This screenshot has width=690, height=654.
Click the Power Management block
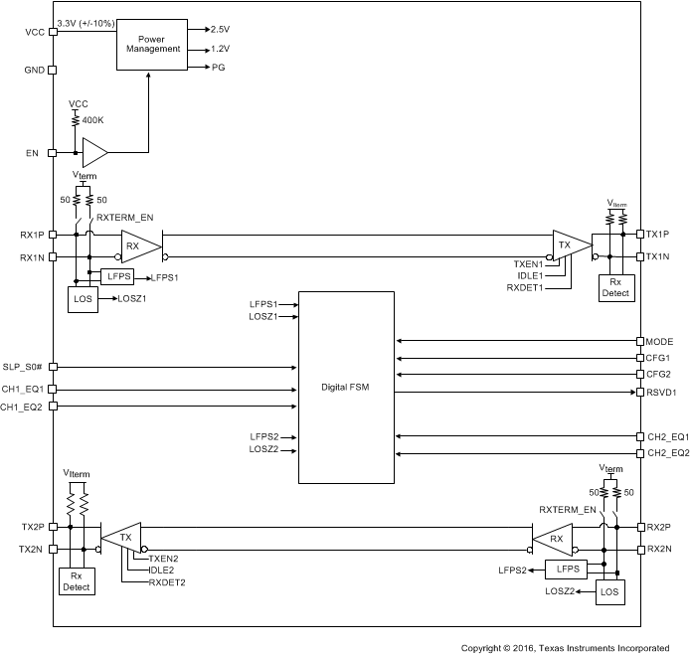pyautogui.click(x=152, y=43)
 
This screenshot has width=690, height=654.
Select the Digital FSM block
pyautogui.click(x=346, y=387)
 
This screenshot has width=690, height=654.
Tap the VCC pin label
pyautogui.click(x=34, y=31)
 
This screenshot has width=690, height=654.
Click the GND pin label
pyautogui.click(x=34, y=71)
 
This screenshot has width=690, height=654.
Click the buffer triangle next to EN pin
pyautogui.click(x=94, y=153)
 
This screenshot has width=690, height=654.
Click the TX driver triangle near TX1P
pyautogui.click(x=568, y=245)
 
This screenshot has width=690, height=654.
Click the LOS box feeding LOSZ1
pyautogui.click(x=85, y=298)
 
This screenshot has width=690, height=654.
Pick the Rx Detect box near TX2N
pyautogui.click(x=77, y=581)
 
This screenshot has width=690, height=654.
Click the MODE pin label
pyautogui.click(x=660, y=341)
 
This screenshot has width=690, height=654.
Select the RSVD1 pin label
pyautogui.click(x=663, y=392)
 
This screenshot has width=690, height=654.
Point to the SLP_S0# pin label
pyautogui.click(x=25, y=368)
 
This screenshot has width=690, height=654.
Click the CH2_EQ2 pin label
pyautogui.click(x=668, y=453)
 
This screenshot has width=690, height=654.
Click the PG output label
pyautogui.click(x=218, y=68)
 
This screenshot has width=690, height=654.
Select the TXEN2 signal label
pyautogui.click(x=163, y=559)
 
